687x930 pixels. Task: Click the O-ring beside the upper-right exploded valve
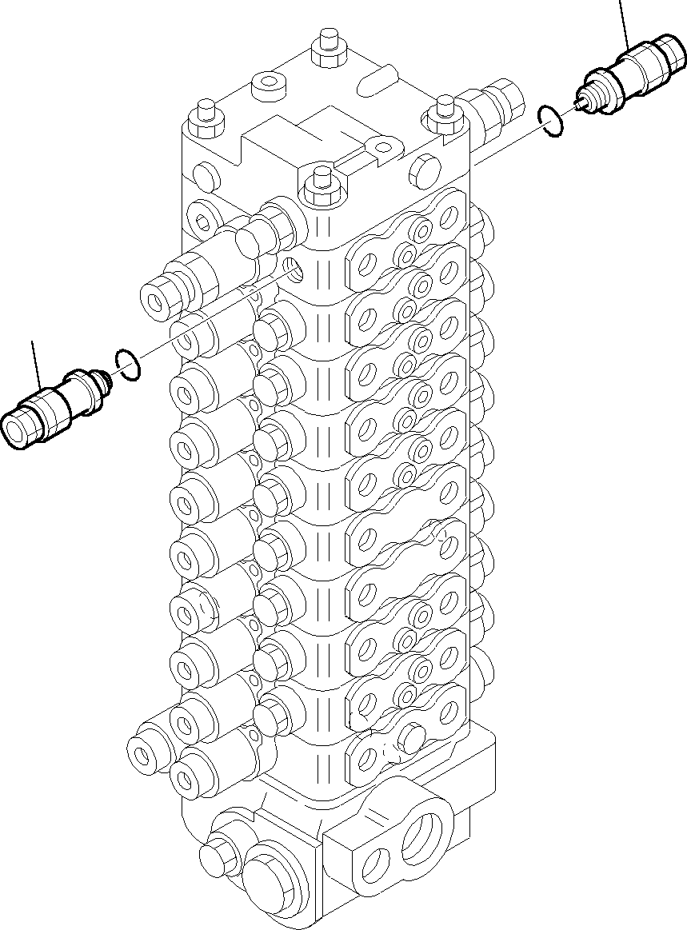pos(550,120)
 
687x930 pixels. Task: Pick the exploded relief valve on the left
pos(52,405)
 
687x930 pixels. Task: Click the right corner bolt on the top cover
pos(442,112)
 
